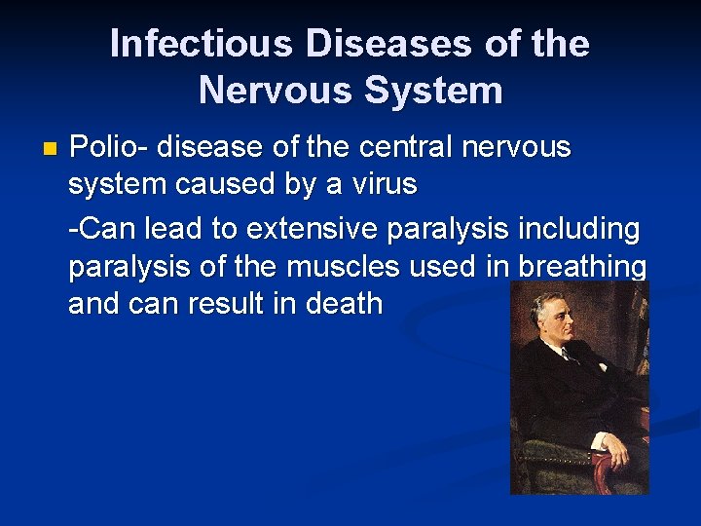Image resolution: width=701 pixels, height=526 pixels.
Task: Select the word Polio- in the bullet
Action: (x=108, y=148)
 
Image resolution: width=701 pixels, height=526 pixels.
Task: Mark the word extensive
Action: (x=313, y=229)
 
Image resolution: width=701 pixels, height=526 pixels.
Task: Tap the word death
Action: (x=343, y=303)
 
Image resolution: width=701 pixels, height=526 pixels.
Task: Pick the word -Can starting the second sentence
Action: (x=102, y=229)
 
